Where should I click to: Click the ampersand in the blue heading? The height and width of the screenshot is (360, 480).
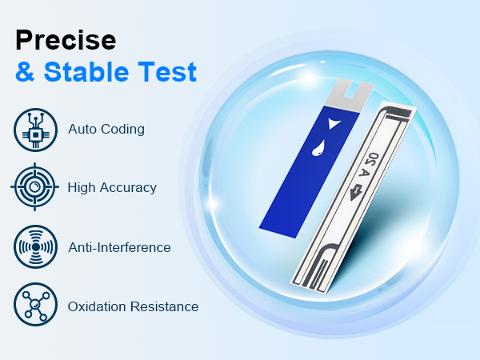coord(26,72)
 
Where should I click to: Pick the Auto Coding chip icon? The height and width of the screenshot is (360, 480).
coord(34,130)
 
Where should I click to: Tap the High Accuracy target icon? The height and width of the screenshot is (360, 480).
coord(34,188)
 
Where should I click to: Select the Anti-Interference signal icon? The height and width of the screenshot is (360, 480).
coord(34,247)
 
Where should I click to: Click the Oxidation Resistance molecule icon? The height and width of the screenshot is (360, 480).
coord(34,306)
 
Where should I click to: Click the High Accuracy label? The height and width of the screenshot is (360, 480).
coord(112,188)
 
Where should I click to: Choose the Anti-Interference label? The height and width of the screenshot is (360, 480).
coord(119,247)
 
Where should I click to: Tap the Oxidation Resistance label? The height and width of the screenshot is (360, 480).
coord(133,306)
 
